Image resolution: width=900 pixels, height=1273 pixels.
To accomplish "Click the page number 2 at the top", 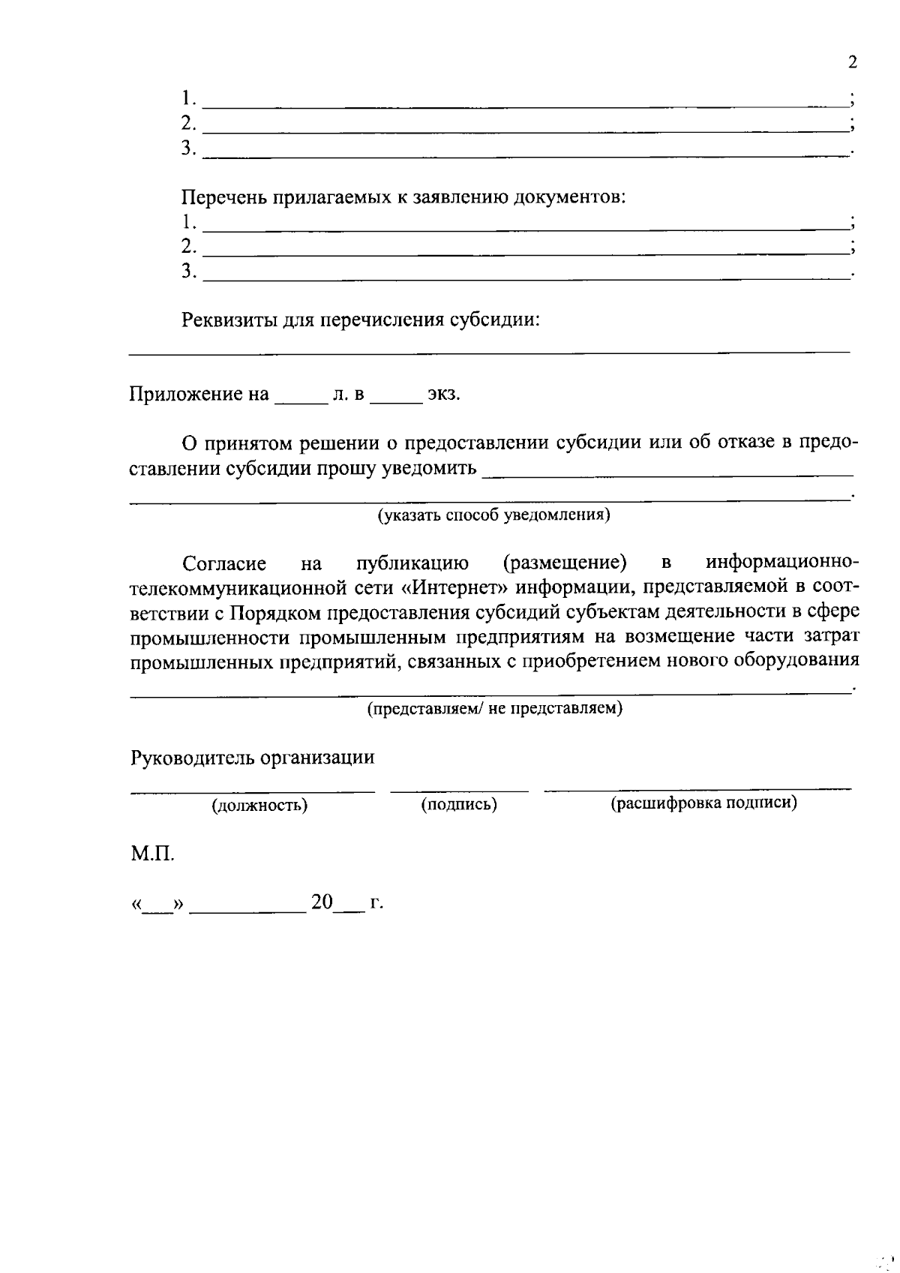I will pyautogui.click(x=851, y=62).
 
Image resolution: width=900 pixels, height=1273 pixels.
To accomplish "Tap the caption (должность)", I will pyautogui.click(x=259, y=806).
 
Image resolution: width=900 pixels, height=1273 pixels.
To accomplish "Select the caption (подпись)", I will pyautogui.click(x=459, y=805).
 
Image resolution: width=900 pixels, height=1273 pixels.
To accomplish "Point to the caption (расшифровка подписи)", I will pyautogui.click(x=703, y=803).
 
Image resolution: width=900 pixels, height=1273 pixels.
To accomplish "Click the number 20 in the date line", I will pyautogui.click(x=322, y=902).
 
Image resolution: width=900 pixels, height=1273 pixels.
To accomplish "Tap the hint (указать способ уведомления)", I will pyautogui.click(x=493, y=515).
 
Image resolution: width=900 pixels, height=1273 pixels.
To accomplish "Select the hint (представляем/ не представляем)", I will pyautogui.click(x=494, y=708).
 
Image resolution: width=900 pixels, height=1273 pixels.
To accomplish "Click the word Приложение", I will pyautogui.click(x=189, y=395).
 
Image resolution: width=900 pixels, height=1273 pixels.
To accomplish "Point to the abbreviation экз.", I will pyautogui.click(x=443, y=395).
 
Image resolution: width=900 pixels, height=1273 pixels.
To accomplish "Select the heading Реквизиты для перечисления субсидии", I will pyautogui.click(x=361, y=320).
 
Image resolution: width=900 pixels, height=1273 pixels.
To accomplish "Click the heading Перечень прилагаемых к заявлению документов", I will pyautogui.click(x=403, y=198).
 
